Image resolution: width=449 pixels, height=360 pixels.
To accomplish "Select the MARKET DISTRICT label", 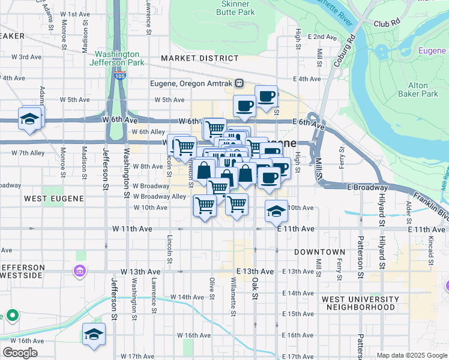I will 200,58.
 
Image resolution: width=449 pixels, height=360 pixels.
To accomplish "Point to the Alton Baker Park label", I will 423,89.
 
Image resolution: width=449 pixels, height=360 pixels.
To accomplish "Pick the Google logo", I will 20,353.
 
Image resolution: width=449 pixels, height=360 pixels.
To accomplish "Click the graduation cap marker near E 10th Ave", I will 276,211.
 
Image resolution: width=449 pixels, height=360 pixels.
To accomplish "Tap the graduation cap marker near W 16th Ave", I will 94,334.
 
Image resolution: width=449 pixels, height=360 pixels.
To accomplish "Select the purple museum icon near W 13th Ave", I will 79,272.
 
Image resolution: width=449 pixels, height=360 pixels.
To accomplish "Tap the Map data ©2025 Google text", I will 411,355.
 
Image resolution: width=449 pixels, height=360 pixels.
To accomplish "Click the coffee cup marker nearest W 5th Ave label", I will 244,106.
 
